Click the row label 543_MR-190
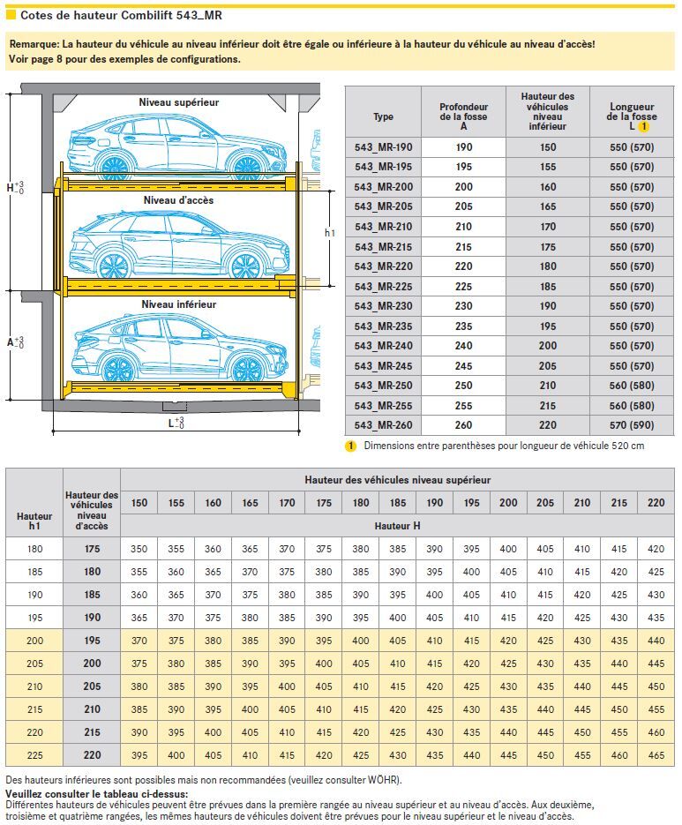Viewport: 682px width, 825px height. click(383, 147)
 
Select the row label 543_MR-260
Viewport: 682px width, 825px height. click(383, 424)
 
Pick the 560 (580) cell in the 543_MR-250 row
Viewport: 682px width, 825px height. click(632, 386)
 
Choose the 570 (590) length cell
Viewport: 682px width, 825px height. click(632, 424)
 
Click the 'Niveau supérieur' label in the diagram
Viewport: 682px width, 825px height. click(178, 102)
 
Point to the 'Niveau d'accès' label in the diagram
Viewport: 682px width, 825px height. click(178, 200)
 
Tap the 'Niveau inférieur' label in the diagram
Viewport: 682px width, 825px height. click(178, 304)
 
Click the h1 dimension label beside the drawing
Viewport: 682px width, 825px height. click(330, 234)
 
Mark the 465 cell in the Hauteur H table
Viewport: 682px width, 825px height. click(656, 755)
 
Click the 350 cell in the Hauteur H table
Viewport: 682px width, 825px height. click(139, 549)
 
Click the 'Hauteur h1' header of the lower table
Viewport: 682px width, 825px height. click(34, 521)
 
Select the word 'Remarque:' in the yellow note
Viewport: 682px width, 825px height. click(34, 44)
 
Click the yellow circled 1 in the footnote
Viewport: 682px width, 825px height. click(350, 446)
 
